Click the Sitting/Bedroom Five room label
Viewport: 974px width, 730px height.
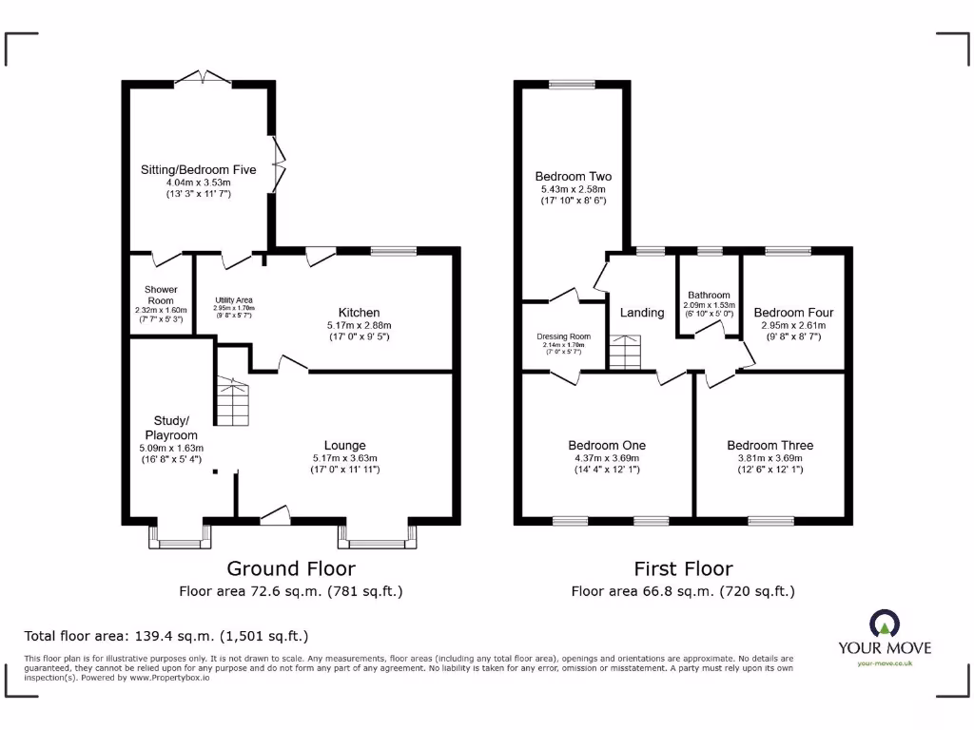click(199, 170)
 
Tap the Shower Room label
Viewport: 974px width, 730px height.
click(161, 290)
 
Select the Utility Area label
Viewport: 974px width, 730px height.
click(232, 300)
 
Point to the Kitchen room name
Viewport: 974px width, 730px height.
click(359, 313)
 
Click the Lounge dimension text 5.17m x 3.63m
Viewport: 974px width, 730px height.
click(344, 457)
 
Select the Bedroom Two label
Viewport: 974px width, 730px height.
click(573, 177)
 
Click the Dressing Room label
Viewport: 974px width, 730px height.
click(564, 336)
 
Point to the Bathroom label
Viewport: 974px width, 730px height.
click(710, 296)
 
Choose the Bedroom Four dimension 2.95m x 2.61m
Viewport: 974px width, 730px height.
click(793, 325)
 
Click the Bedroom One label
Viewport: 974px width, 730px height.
click(607, 446)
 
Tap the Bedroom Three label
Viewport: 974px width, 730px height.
click(769, 446)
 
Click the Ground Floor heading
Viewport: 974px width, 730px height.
click(290, 568)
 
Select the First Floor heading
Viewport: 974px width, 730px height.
click(683, 568)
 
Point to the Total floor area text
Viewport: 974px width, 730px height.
click(166, 636)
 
